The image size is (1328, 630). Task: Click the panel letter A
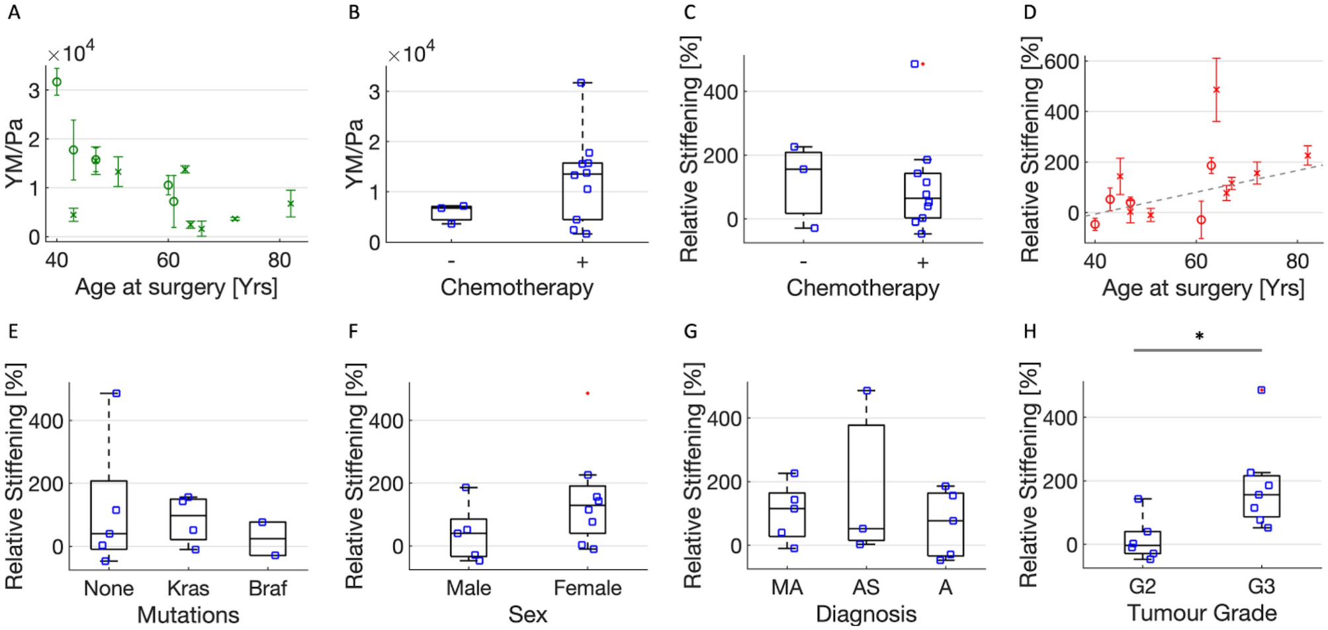[x=14, y=13]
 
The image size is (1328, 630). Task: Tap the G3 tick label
[x=1261, y=586]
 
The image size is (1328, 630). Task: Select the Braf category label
[x=267, y=588]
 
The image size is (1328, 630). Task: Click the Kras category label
[x=188, y=588]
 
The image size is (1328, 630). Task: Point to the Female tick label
[x=587, y=588]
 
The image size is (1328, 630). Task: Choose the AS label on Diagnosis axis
[x=865, y=587]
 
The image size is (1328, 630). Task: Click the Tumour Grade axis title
[x=1202, y=613]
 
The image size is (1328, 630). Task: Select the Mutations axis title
[x=188, y=615]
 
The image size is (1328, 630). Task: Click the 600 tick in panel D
[x=1062, y=62]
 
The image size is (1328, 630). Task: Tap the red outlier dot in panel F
[x=588, y=394]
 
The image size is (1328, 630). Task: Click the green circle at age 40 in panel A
[x=57, y=82]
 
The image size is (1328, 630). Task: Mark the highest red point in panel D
[x=1216, y=89]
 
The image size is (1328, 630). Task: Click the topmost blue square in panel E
[x=116, y=393]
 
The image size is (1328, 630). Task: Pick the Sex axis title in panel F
[x=527, y=615]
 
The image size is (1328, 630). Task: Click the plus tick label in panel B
[x=582, y=263]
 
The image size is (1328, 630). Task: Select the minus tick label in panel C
[x=803, y=263]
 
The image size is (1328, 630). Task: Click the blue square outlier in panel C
[x=914, y=64]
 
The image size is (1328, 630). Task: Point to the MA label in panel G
[x=787, y=587]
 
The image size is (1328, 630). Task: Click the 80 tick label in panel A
[x=279, y=260]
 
